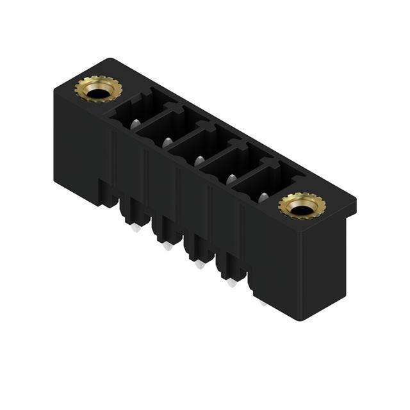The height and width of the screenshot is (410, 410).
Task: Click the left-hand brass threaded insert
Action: pyautogui.click(x=98, y=89)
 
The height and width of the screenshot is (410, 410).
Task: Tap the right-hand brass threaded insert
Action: pyautogui.click(x=302, y=206)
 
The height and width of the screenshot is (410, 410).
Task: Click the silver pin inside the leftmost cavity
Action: pyautogui.click(x=136, y=124)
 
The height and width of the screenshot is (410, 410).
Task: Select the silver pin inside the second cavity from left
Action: pyautogui.click(x=168, y=142)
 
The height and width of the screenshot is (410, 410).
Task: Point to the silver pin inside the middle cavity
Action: pyautogui.click(x=199, y=160)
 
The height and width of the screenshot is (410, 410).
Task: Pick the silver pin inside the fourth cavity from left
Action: pyautogui.click(x=231, y=179)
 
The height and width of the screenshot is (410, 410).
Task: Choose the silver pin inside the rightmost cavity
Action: pyautogui.click(x=263, y=197)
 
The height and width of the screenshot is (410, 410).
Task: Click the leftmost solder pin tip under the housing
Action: pyautogui.click(x=136, y=227)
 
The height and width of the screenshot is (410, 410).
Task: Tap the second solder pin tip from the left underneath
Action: pyautogui.click(x=167, y=245)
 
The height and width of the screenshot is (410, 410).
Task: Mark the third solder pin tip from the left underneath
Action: pyautogui.click(x=199, y=263)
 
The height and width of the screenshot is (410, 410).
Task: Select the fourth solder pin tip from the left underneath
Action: pyautogui.click(x=231, y=282)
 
